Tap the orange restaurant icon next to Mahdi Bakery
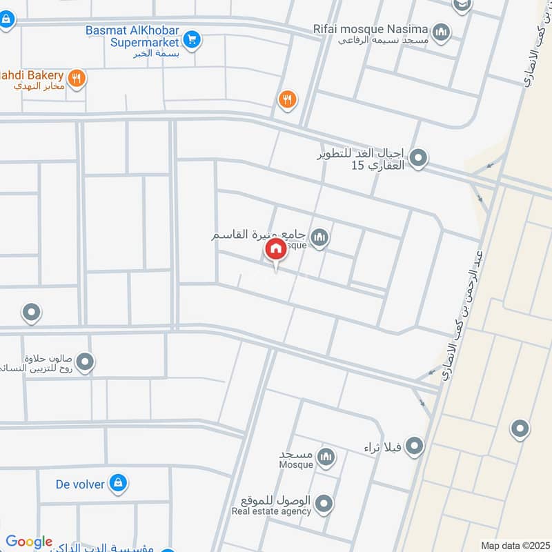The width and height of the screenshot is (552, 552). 77,79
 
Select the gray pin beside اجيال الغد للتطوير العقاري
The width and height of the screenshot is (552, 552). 418,160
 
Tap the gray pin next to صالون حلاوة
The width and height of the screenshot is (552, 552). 85,362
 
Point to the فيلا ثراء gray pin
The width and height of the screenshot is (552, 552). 414,447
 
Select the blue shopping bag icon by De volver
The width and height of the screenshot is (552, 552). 118,484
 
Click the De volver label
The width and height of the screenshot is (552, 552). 80,484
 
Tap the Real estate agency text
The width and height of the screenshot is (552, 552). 271,511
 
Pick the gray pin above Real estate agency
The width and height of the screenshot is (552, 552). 326,503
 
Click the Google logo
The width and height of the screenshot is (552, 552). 29,542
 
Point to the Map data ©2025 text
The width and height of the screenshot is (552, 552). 513,545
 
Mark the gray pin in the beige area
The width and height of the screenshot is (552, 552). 520,429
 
